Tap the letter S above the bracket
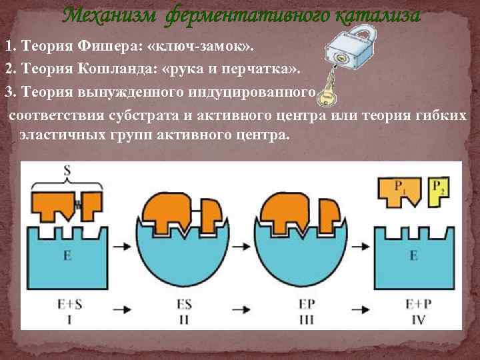(x=67, y=171)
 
